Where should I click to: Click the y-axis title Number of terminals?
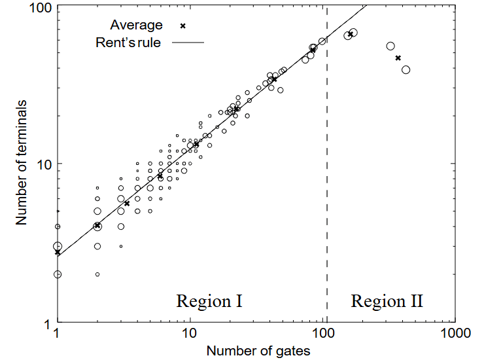(22, 163)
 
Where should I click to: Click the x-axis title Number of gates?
(258, 350)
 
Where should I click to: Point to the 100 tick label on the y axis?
(42, 9)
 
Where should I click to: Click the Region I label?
(209, 302)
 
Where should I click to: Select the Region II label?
(387, 302)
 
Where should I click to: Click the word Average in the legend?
(136, 26)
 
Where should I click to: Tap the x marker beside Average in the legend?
(183, 26)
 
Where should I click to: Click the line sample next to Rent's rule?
(187, 43)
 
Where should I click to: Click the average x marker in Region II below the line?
(398, 58)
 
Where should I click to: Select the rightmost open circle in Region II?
(406, 69)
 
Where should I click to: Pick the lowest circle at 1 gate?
(58, 274)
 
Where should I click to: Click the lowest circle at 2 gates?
(97, 274)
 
